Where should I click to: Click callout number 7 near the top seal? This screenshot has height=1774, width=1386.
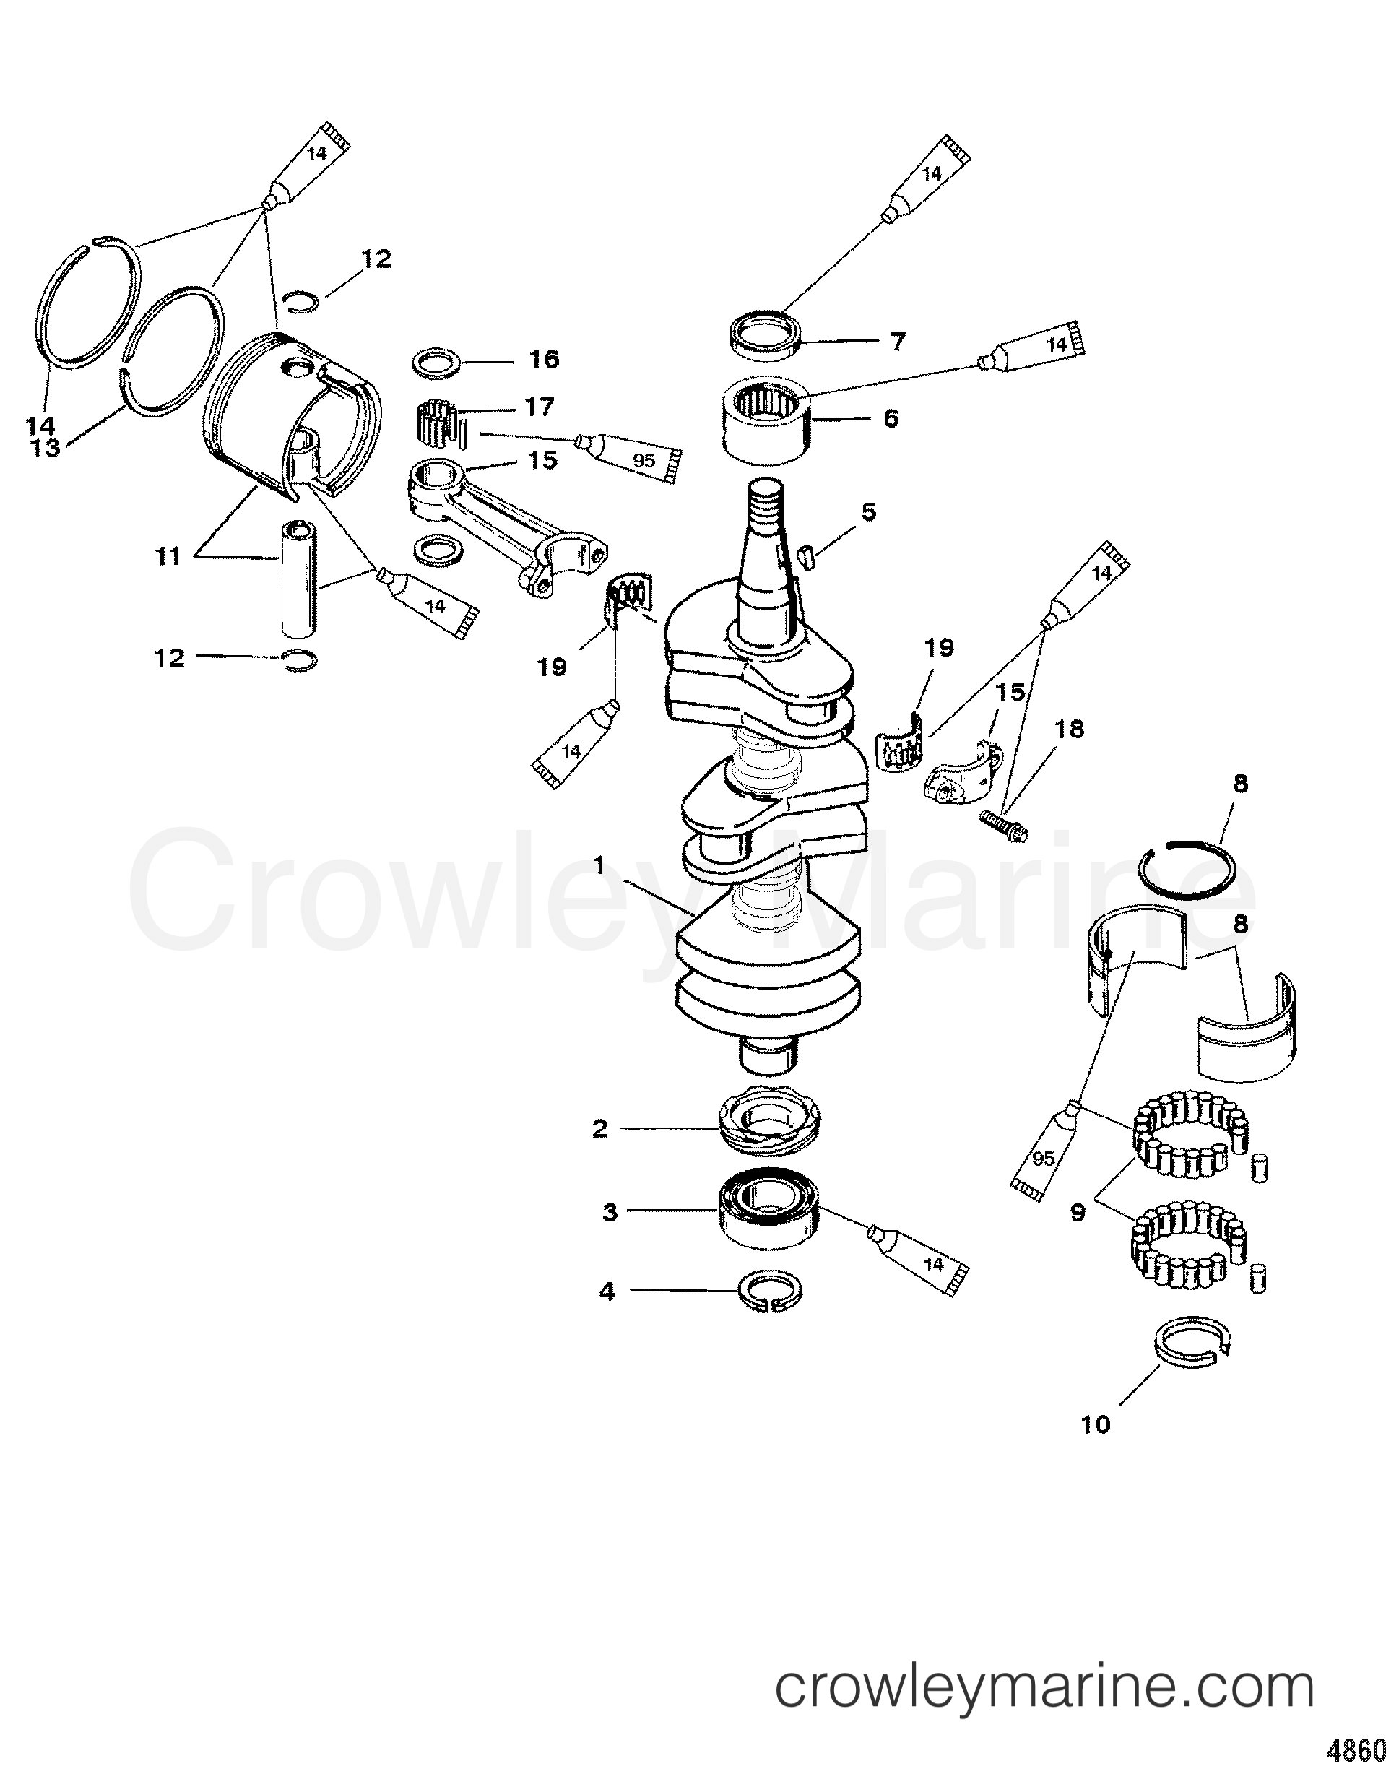pos(897,342)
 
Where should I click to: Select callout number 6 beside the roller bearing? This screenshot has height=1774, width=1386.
pos(891,418)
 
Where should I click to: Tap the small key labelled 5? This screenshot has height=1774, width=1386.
pos(805,558)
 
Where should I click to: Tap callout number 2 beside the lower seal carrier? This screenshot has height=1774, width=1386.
pos(599,1128)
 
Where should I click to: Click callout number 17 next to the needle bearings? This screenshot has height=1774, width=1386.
pos(540,405)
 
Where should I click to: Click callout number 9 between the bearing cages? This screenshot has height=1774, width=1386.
pos(1078,1213)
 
